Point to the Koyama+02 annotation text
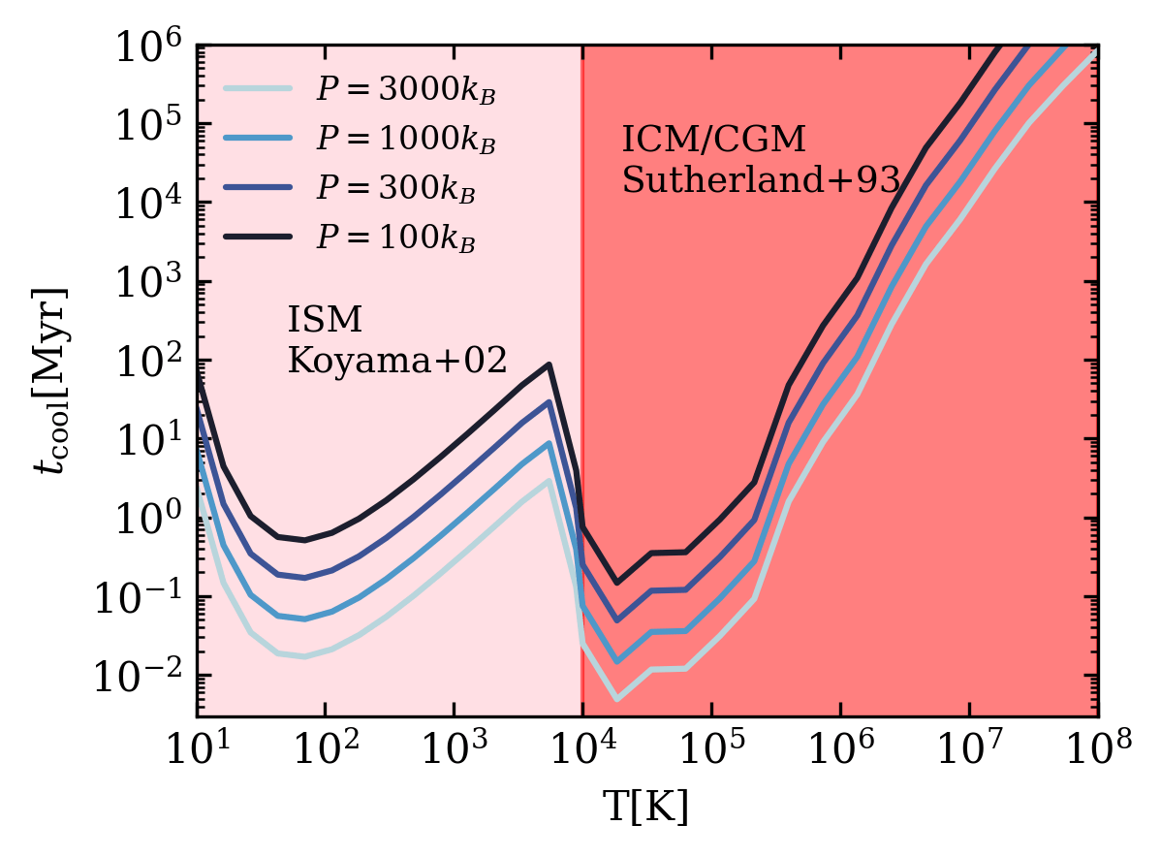pos(397,361)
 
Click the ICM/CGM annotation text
pos(714,140)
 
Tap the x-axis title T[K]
pos(647,809)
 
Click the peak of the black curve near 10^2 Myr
pos(549,365)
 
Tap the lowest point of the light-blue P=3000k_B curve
pos(616,699)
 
